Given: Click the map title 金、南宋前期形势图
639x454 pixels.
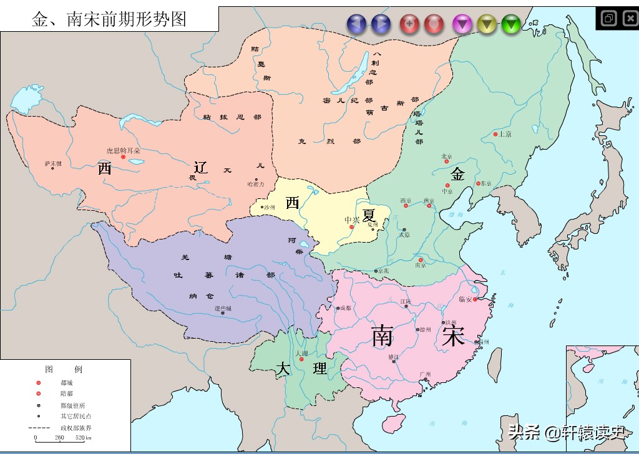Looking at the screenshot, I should tap(109, 19).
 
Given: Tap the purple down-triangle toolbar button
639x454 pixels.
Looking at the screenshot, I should tap(462, 24).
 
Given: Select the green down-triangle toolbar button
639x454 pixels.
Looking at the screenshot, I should tap(510, 24).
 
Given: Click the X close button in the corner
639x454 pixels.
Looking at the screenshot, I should tap(630, 18).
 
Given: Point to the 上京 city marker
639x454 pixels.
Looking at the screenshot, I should tap(495, 134).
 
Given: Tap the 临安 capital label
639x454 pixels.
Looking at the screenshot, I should tap(466, 299).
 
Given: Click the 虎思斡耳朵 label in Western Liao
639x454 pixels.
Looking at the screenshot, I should tap(123, 150).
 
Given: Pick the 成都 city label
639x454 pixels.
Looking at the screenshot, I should tap(344, 307).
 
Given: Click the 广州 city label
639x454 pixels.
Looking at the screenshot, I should tap(426, 374).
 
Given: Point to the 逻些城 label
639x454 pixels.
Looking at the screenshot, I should tap(223, 309).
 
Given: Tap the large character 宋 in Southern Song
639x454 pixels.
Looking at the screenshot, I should tap(452, 336).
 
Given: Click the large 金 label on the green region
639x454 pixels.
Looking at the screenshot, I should tap(458, 174).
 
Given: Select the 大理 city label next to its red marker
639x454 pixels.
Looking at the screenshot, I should tap(302, 353).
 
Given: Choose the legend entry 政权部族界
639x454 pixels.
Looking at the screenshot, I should tap(76, 427).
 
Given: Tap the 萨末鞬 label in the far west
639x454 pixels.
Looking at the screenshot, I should tap(53, 163).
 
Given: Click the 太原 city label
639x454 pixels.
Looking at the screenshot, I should tap(404, 235).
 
